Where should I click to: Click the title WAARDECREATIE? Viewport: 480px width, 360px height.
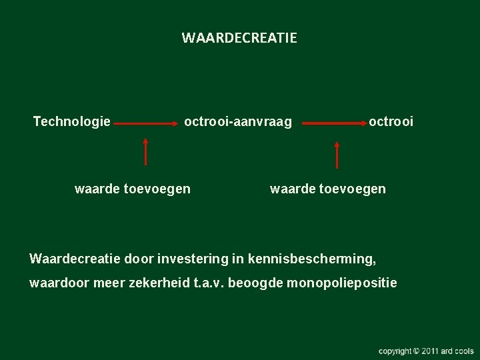coord(239,38)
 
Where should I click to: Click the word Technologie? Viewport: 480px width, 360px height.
coord(72,121)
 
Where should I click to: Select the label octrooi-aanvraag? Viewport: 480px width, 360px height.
coord(238,121)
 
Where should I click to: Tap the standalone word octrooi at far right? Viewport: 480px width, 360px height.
coord(391,121)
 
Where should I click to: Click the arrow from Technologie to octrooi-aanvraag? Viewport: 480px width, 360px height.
coord(147,123)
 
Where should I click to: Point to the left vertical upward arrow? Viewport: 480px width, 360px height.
coord(145,151)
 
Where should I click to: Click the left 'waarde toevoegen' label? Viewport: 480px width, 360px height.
coord(133,189)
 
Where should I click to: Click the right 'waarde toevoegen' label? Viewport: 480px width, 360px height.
coord(327,189)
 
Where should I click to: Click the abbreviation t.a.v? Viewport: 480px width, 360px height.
coord(208,283)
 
